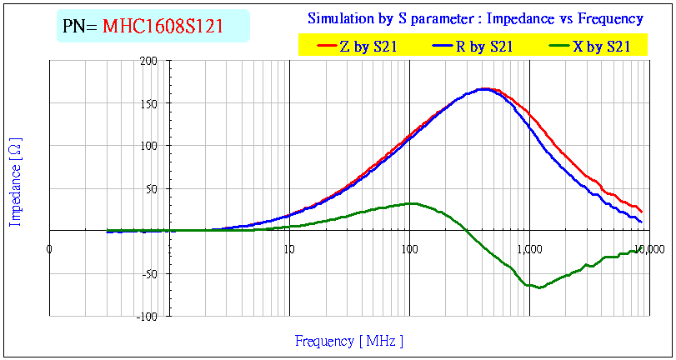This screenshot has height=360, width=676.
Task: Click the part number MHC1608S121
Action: pos(163,27)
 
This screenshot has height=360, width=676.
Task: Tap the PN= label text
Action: pos(81,27)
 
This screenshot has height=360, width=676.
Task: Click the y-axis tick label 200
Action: pos(149,61)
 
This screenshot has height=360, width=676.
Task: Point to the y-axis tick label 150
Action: pos(149,104)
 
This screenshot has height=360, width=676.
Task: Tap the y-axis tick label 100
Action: pos(149,147)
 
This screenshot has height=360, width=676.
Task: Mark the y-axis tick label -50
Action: pos(149,273)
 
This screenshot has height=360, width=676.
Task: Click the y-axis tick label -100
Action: pos(147,317)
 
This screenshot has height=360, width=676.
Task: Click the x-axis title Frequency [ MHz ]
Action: pos(348,341)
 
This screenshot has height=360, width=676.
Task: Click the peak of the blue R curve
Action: pos(482,88)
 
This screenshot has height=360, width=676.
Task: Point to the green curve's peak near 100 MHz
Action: pos(410,203)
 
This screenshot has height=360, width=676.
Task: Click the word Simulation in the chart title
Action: pos(338,18)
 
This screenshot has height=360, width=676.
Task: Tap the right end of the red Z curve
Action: pos(641,212)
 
